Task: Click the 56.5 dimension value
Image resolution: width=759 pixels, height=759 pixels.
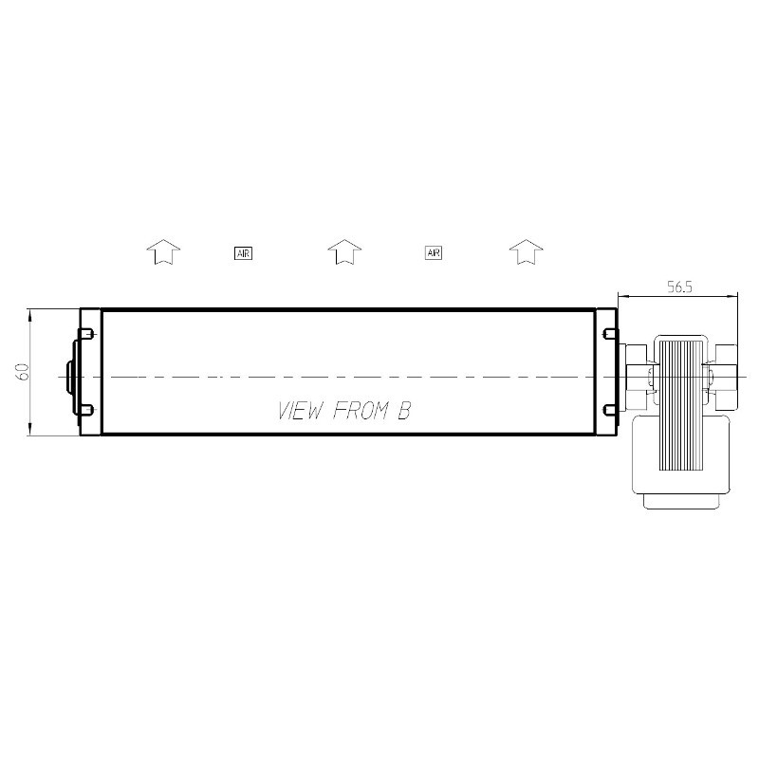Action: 679,287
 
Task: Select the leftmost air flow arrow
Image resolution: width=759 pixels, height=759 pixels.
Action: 163,251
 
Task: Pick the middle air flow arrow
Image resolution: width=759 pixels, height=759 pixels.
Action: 344,251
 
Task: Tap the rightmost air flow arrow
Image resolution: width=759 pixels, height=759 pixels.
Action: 527,251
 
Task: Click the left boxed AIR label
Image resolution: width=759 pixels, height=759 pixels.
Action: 243,252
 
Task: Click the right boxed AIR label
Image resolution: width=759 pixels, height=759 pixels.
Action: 434,252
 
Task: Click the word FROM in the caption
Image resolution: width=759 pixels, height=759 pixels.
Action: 361,411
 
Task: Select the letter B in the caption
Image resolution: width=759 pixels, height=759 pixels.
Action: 404,411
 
